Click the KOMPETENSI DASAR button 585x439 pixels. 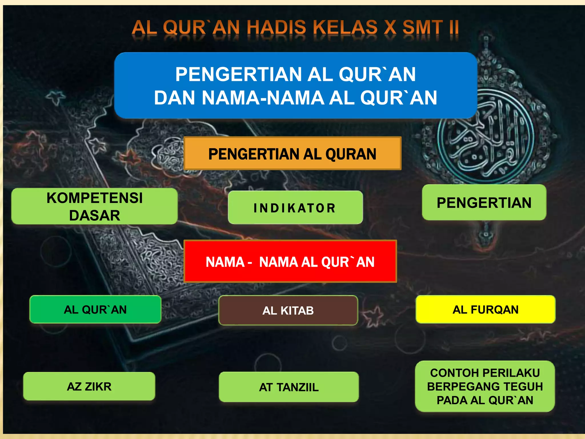coord(94,206)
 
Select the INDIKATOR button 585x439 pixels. coord(295,207)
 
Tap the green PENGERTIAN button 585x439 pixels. coord(484,202)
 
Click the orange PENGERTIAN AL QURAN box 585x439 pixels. coord(292,153)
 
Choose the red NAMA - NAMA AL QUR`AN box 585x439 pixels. coord(290,262)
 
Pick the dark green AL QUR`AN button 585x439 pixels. coord(95,310)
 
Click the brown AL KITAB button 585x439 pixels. coord(288,310)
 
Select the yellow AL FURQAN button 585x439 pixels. coord(485,310)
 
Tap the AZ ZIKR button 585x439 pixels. coord(89,386)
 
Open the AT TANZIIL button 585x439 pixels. coord(289,387)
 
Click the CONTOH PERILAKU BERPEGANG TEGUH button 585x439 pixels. coord(485,386)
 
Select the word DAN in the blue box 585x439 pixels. coord(175,98)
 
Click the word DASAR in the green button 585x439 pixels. coord(95,215)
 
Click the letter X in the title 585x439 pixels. coord(390,28)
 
